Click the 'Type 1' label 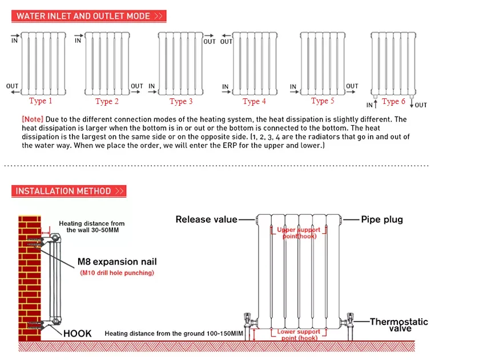[x=41, y=101]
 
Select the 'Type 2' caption [x=107, y=102]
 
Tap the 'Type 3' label [x=181, y=102]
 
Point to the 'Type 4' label [x=255, y=102]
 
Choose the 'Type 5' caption [x=323, y=101]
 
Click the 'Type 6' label [x=393, y=102]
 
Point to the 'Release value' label [x=206, y=219]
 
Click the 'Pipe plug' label [x=382, y=219]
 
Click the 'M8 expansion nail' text [x=116, y=262]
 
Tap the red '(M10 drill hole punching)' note [x=116, y=273]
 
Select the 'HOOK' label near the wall [x=77, y=334]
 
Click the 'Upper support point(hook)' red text [x=299, y=233]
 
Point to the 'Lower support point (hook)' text [x=299, y=335]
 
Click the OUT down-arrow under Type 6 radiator [x=412, y=105]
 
